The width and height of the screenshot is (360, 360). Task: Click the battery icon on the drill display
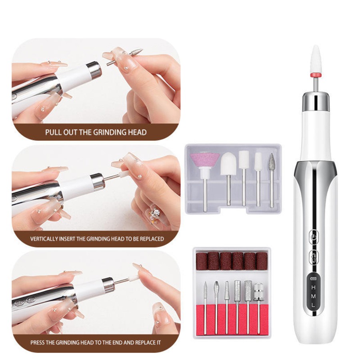tap(314, 279)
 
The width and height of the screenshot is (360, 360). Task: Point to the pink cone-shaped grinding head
tap(204, 160)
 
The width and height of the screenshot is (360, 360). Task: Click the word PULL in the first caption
tap(52, 132)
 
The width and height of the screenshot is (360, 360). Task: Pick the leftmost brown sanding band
tap(201, 261)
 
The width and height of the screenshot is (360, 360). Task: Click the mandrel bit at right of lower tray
tap(259, 290)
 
